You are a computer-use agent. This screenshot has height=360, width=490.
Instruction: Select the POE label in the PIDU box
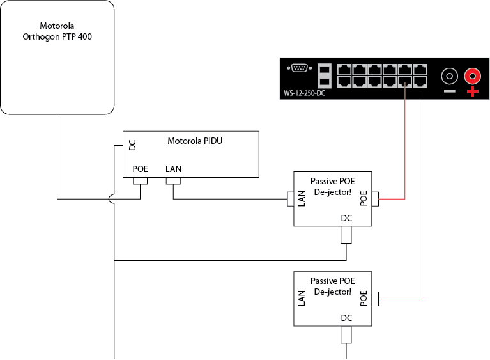[x=140, y=169]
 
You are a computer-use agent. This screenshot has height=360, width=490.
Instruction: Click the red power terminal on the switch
[x=473, y=77]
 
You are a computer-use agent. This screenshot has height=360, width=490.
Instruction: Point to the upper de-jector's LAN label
[x=302, y=200]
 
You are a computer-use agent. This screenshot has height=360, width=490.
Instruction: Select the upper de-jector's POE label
[x=364, y=200]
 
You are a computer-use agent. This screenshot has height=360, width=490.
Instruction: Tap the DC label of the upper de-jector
[x=346, y=218]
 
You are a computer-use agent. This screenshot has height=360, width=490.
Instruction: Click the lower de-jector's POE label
[x=364, y=299]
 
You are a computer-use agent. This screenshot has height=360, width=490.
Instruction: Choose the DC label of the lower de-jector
[x=346, y=318]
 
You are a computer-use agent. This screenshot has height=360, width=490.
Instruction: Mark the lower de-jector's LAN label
[x=302, y=299]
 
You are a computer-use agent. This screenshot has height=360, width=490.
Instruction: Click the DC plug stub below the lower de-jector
[x=346, y=334]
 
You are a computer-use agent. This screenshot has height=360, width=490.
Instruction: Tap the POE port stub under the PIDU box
[x=140, y=182]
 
